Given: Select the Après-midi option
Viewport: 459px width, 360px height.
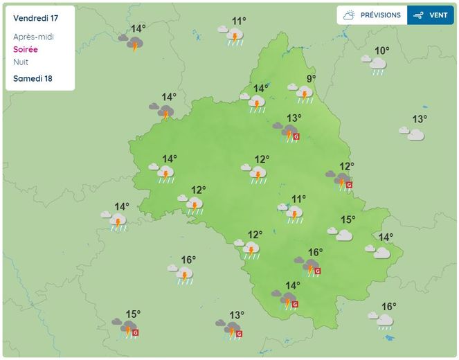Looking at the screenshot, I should (33, 37).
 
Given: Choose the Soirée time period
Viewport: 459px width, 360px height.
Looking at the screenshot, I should (25, 50).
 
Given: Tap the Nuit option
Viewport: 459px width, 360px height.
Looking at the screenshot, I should (21, 62).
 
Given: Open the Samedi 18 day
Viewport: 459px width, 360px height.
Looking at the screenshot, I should (33, 78).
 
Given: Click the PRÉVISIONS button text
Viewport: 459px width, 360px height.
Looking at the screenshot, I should (380, 15).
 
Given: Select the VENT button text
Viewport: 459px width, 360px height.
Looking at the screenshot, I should (438, 15).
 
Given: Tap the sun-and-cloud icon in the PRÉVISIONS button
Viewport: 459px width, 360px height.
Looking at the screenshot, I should (349, 15).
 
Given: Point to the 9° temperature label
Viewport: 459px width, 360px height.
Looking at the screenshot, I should (312, 78).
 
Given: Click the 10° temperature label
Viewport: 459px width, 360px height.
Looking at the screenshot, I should (382, 51).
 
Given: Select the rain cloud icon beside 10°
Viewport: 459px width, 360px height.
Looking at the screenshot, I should (375, 64).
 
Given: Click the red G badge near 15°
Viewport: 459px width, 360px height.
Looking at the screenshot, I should (135, 332).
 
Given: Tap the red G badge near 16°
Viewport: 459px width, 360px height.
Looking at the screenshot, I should (318, 271).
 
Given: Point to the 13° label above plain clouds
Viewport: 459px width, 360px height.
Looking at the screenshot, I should (419, 119).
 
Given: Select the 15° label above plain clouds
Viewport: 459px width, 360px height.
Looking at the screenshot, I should (347, 219).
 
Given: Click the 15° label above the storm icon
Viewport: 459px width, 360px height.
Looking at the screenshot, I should (133, 314).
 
